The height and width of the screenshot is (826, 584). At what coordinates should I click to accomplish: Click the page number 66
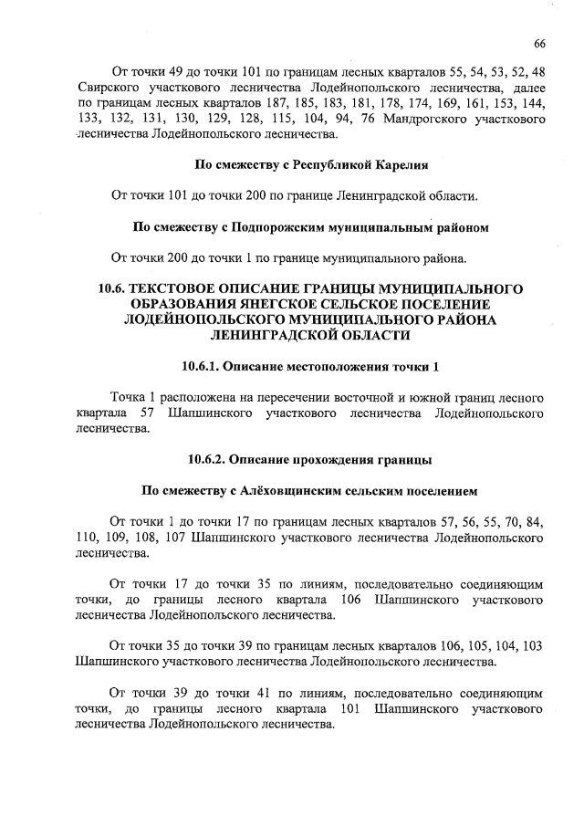(539, 43)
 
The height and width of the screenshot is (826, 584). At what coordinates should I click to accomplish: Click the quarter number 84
(535, 522)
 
